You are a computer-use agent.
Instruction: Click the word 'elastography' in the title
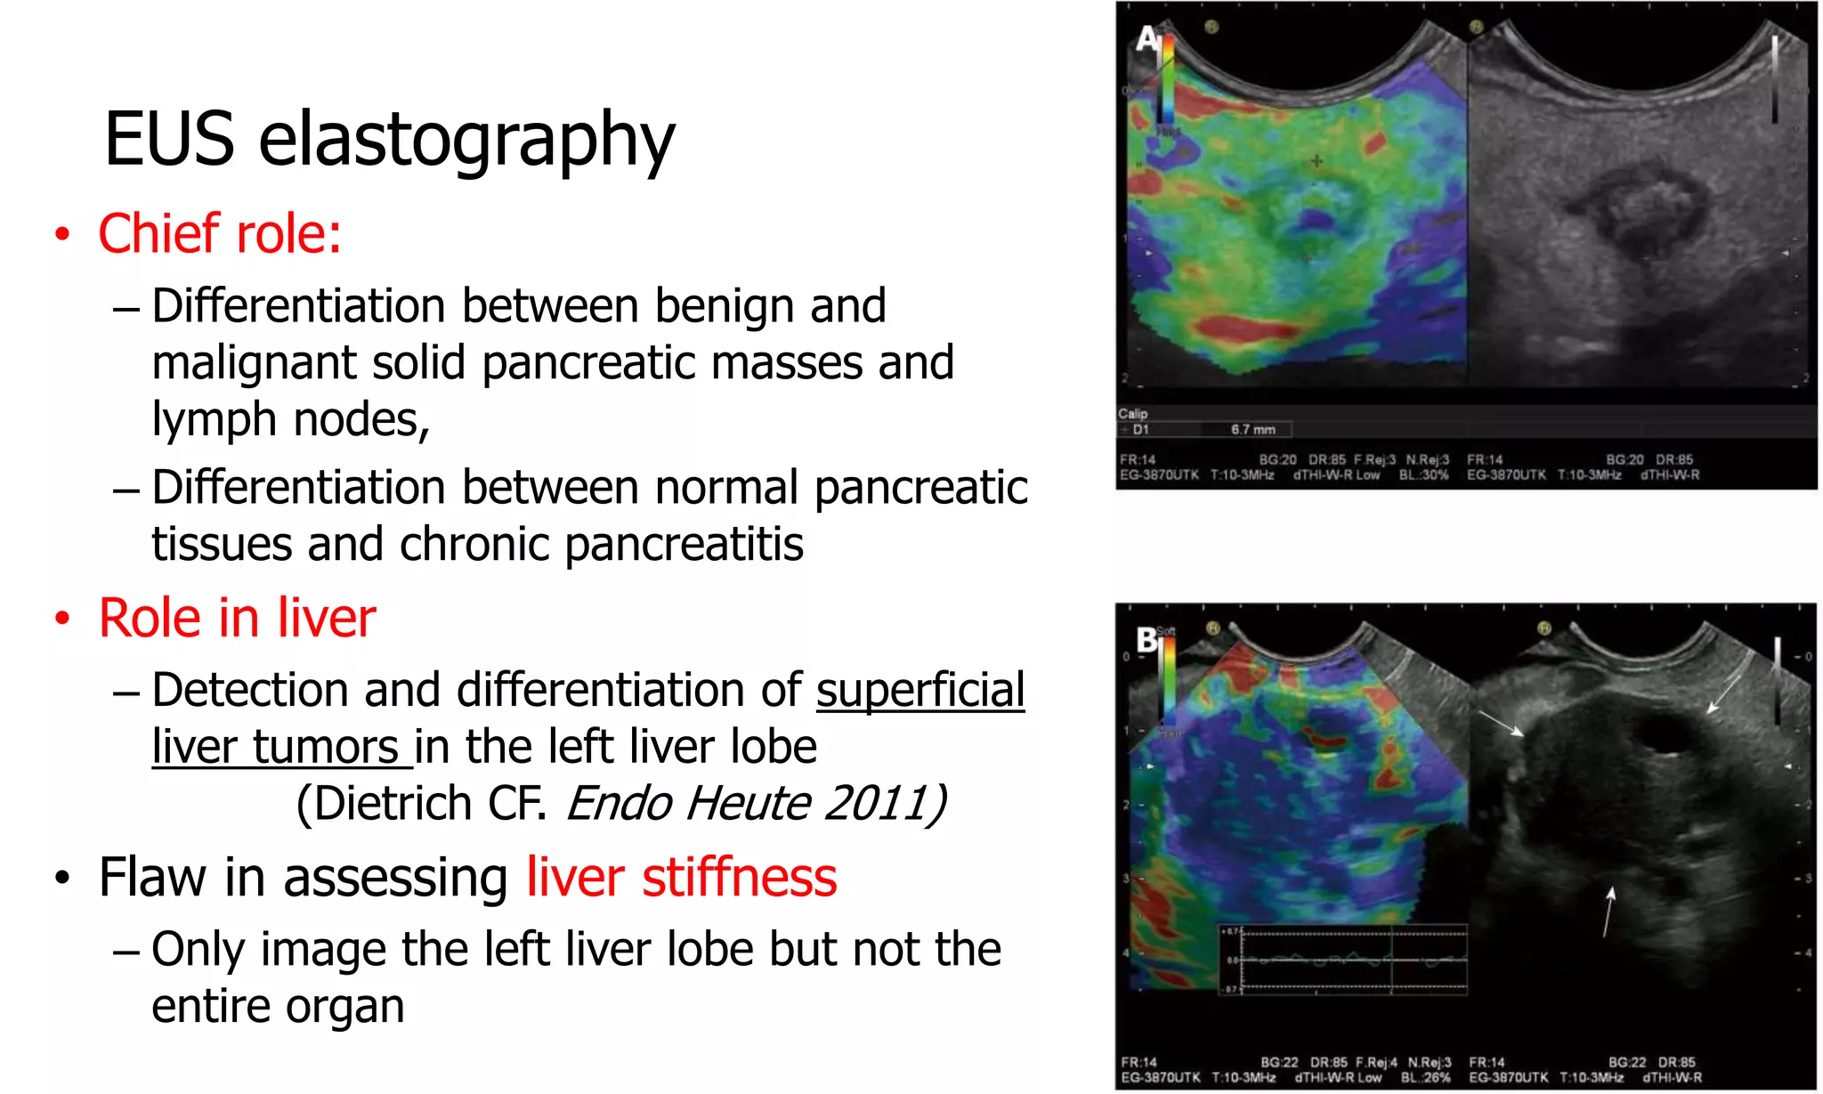coord(466,140)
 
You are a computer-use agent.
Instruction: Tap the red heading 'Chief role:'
coord(220,234)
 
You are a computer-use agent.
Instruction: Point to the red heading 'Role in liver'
coord(237,618)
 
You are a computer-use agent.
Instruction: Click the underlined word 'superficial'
coord(920,691)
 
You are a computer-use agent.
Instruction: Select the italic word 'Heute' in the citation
coord(748,804)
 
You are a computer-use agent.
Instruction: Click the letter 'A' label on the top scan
coord(1147,38)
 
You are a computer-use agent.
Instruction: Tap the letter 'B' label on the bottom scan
coord(1146,639)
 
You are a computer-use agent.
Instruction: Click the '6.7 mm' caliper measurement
coord(1252,430)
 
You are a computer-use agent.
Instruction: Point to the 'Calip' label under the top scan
coord(1132,414)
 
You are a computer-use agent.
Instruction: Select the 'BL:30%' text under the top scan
coord(1423,475)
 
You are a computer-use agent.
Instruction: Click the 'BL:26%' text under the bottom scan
coord(1425,1078)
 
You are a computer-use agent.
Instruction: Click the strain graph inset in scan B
coord(1343,960)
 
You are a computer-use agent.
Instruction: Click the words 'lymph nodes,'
coord(290,420)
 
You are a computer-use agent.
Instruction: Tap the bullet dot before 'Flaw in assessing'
coord(61,879)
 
